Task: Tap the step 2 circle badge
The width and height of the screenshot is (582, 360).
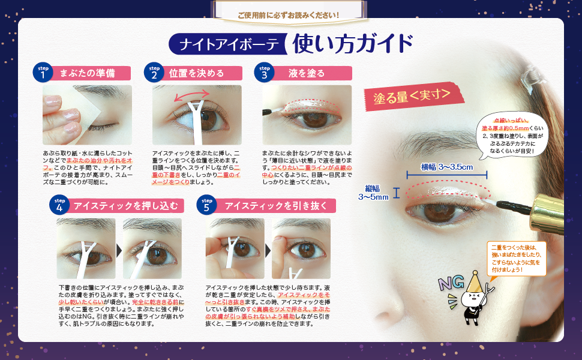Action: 154,73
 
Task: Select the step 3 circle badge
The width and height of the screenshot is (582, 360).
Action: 264,73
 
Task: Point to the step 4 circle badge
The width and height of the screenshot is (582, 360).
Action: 59,205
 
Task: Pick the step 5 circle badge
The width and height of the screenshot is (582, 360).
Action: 207,205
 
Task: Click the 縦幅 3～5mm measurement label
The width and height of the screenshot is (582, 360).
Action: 374,193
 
